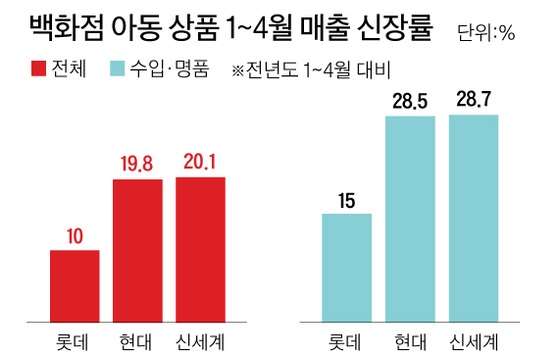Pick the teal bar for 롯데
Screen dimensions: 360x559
(347, 267)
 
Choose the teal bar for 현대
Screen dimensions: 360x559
(410, 219)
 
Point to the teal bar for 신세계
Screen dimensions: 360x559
(474, 218)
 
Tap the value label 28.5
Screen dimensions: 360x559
(410, 102)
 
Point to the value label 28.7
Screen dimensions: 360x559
(474, 101)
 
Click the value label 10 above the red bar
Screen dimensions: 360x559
(74, 236)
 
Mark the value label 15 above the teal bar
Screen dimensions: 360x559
(347, 200)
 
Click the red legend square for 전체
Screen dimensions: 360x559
(38, 71)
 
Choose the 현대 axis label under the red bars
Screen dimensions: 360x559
(137, 337)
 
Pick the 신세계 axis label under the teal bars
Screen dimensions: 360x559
(474, 337)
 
